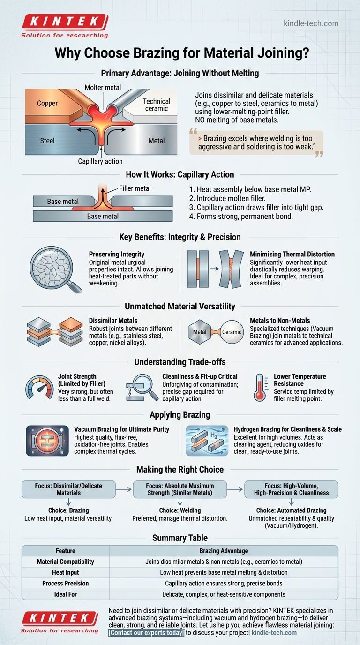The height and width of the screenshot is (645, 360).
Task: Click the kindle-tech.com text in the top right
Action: tap(311, 23)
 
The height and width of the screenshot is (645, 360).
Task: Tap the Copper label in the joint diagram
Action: tap(47, 104)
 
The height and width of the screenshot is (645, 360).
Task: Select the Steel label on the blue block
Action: tap(47, 141)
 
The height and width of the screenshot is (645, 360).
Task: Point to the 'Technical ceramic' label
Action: tap(157, 105)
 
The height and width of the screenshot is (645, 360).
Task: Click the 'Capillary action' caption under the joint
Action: tap(100, 161)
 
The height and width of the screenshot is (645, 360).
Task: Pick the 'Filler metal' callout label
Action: tap(135, 188)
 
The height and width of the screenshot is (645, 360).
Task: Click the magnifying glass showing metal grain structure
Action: tap(55, 269)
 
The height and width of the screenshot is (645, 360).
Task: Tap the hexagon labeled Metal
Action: tap(200, 332)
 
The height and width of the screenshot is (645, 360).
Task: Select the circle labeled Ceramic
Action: tap(232, 332)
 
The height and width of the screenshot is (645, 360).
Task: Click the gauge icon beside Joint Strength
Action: tap(39, 388)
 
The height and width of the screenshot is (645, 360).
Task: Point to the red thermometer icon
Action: tap(260, 387)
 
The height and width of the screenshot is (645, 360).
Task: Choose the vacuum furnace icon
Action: tap(47, 441)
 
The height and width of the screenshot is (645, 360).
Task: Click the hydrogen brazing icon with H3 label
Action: tap(207, 441)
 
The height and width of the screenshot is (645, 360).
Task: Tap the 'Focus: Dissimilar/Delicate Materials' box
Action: tap(68, 489)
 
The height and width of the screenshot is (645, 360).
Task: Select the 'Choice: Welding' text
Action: tap(180, 510)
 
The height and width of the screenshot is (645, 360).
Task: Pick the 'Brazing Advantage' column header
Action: tap(224, 551)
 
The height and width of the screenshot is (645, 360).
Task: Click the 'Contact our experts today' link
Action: tap(146, 633)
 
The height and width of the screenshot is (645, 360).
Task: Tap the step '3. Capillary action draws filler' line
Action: tap(256, 207)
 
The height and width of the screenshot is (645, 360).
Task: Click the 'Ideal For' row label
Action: tap(65, 594)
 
